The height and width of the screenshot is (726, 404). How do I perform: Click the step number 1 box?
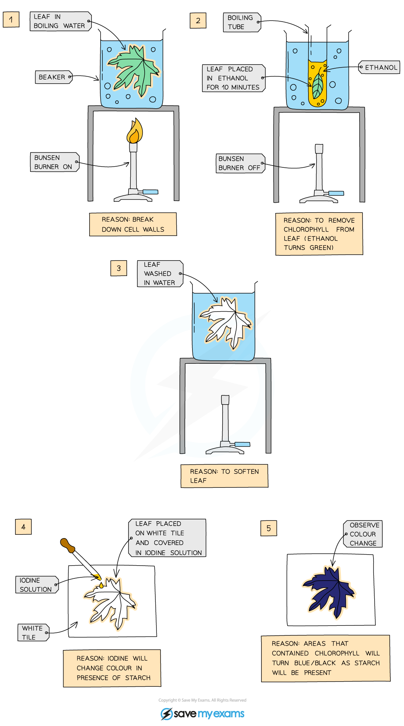click(11, 19)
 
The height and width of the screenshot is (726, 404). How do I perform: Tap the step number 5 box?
click(268, 528)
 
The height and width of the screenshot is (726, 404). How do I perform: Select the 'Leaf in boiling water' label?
click(60, 21)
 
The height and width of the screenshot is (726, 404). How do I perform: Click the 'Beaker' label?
click(53, 77)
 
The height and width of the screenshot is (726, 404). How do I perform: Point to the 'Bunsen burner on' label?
click(54, 162)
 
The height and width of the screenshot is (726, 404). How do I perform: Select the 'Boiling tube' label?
click(241, 22)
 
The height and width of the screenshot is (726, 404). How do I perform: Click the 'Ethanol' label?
click(379, 68)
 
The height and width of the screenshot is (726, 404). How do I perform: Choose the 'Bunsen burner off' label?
click(240, 163)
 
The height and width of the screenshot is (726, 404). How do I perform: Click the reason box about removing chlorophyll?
click(319, 234)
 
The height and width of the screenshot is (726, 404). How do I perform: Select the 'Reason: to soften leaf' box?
click(224, 476)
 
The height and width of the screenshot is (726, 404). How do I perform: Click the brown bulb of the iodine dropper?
click(67, 545)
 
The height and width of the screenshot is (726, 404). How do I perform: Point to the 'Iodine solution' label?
click(36, 585)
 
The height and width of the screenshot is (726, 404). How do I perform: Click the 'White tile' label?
click(33, 633)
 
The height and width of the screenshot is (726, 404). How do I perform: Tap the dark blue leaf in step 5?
click(329, 591)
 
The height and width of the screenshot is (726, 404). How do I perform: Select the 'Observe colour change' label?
click(363, 534)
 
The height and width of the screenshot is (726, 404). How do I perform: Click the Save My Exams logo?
click(202, 714)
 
